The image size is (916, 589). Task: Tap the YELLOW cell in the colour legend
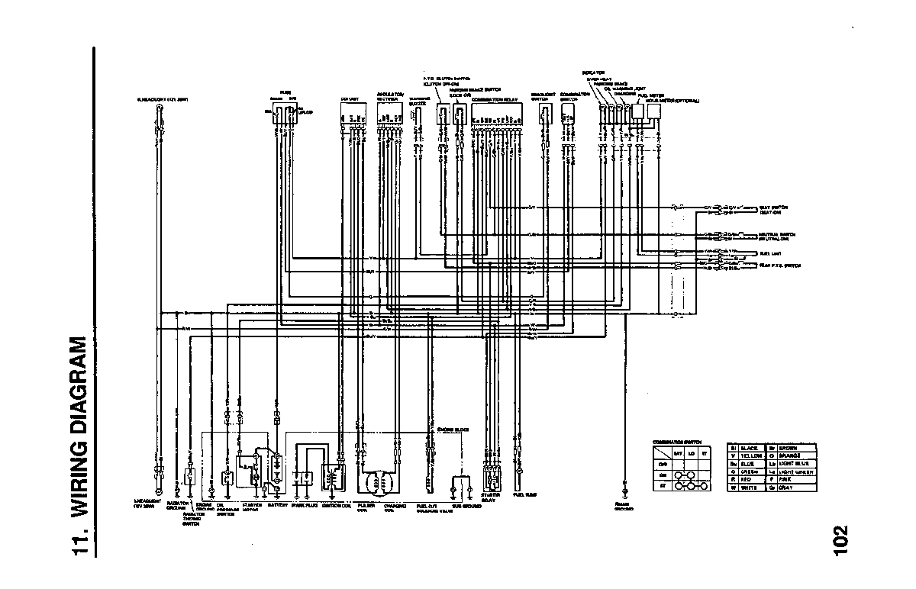click(x=747, y=455)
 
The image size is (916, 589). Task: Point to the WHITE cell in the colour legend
click(x=747, y=487)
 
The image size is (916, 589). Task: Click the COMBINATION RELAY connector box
click(x=497, y=114)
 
